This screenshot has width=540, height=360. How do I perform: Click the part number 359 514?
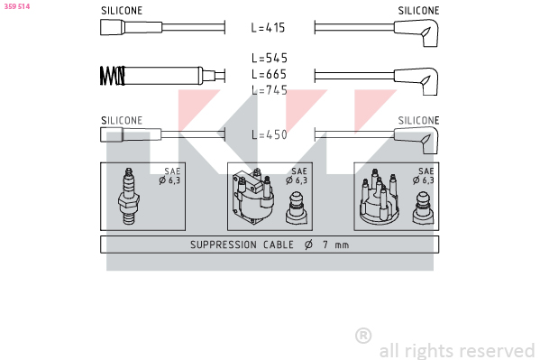(17, 6)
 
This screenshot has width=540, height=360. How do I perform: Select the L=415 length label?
(268, 28)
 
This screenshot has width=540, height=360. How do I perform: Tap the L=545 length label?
(270, 58)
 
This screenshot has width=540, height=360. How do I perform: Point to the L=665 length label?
(269, 74)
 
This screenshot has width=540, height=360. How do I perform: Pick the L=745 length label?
(270, 90)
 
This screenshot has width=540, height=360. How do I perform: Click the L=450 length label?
(270, 134)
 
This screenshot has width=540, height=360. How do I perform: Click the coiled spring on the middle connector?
(113, 76)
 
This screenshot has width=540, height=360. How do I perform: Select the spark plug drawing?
(128, 196)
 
